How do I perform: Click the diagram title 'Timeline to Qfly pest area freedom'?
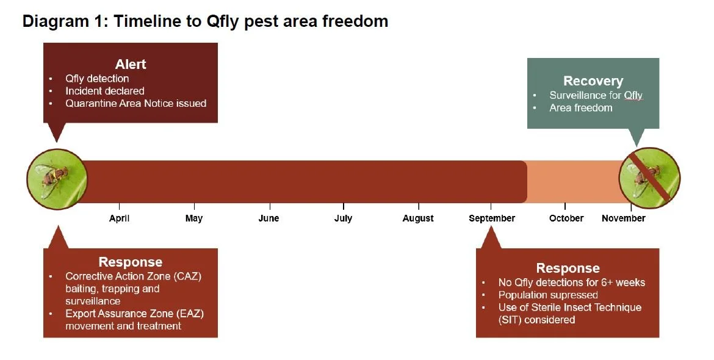point(205,21)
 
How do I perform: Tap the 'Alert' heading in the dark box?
point(131,64)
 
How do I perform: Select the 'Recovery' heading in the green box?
point(593,81)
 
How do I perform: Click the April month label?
point(119,218)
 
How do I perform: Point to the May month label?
point(194,218)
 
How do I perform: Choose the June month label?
point(269,218)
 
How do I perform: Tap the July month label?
point(343,218)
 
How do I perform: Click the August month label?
point(418,218)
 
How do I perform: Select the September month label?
point(492,218)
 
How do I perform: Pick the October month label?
point(566,218)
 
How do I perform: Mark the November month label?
point(623,218)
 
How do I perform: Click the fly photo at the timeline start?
point(57,179)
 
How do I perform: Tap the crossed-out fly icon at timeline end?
point(649,178)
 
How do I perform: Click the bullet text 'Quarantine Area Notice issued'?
point(135,104)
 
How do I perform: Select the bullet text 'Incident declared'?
point(105,91)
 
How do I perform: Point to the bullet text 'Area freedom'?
point(580,108)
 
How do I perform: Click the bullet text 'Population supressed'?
point(548,295)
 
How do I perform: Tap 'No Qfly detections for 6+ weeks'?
point(571,283)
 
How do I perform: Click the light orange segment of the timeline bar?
point(574,181)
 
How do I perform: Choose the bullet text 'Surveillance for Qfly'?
point(596,95)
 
